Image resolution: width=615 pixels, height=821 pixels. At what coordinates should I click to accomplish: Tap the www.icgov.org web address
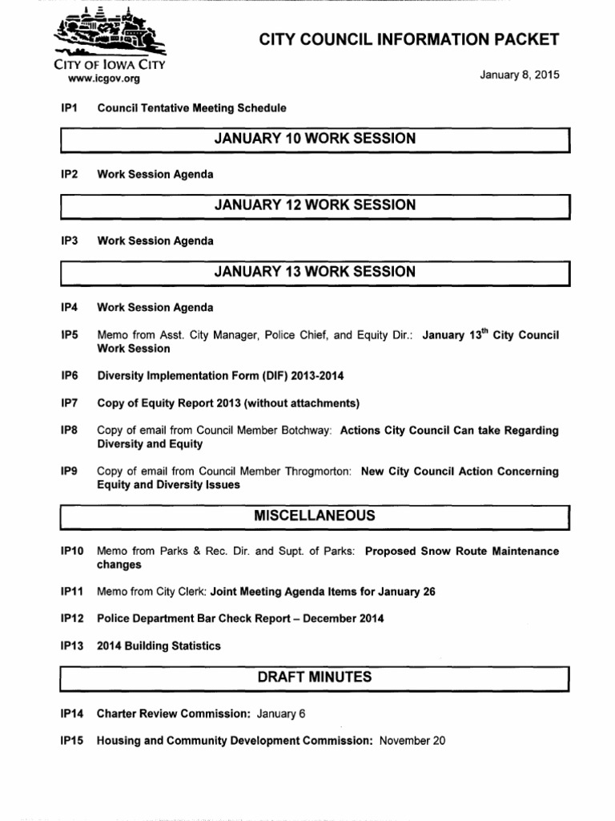104,79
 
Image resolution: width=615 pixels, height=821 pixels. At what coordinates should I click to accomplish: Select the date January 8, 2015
520,75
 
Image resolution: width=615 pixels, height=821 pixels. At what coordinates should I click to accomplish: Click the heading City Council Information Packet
409,40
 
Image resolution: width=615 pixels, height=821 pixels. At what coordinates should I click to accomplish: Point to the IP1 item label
69,107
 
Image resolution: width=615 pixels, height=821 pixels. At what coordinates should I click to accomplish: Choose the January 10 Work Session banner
315,139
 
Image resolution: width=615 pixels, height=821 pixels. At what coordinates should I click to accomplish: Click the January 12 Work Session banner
315,205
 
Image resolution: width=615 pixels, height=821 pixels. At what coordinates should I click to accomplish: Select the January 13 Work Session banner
315,272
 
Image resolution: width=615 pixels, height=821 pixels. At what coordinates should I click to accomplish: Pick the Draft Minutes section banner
315,677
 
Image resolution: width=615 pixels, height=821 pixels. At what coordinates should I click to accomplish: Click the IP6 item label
69,375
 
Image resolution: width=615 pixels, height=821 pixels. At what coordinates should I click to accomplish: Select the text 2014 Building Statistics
159,645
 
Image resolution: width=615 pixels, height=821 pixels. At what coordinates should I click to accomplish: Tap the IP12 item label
71,618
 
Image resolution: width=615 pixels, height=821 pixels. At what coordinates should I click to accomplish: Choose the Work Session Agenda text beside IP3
155,241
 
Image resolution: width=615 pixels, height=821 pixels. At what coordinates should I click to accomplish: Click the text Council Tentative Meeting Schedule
191,107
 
